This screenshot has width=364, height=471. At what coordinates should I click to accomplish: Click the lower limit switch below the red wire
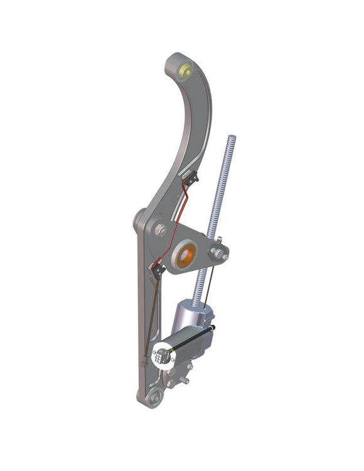(x=156, y=269)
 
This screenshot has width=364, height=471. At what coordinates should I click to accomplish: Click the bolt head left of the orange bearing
(x=161, y=230)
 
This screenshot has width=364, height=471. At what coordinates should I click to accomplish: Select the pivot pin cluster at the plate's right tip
(x=220, y=252)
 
